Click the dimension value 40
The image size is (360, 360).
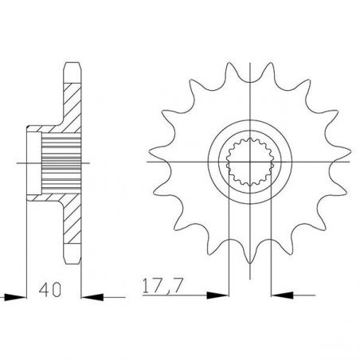click(x=50, y=290)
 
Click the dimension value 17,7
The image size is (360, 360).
click(x=162, y=286)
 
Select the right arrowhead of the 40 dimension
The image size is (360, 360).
click(x=92, y=297)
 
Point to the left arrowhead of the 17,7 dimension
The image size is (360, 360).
click(x=217, y=295)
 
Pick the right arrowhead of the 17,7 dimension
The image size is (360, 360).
click(x=282, y=295)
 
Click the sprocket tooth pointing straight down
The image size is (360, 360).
click(x=250, y=252)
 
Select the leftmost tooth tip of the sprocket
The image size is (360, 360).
click(x=150, y=151)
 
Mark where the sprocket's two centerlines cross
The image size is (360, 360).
click(x=250, y=162)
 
